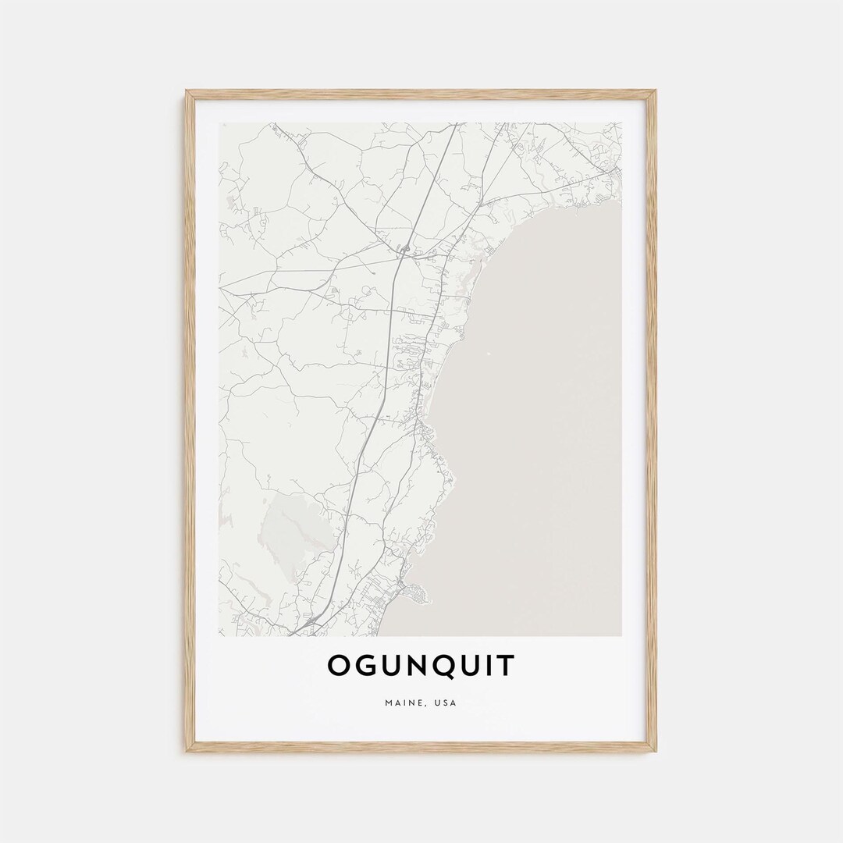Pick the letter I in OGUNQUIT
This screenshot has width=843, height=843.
pyautogui.click(x=492, y=665)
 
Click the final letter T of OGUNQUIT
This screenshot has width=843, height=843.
pyautogui.click(x=507, y=665)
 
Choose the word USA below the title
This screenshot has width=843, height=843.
pyautogui.click(x=445, y=703)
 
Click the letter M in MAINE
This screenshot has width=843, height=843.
pyautogui.click(x=389, y=703)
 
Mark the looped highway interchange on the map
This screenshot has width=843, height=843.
pyautogui.click(x=405, y=249)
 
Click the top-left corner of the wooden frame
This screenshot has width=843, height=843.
pyautogui.click(x=187, y=92)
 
